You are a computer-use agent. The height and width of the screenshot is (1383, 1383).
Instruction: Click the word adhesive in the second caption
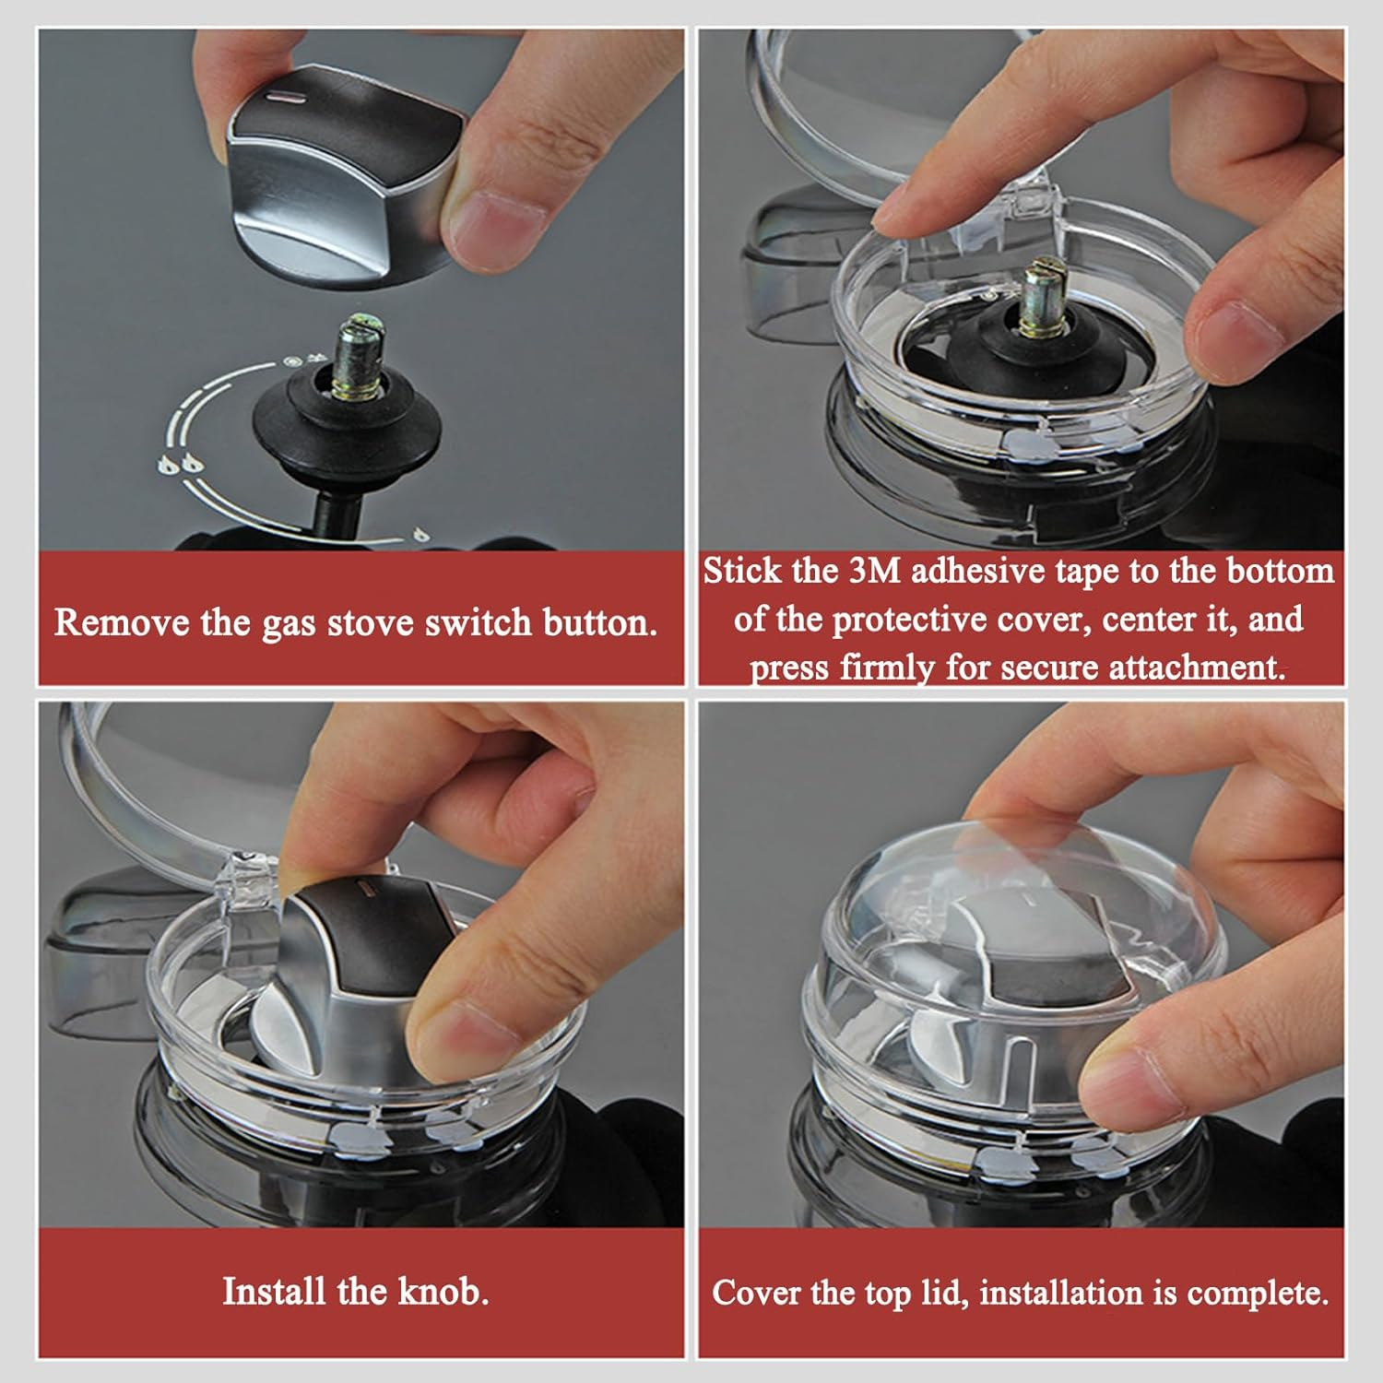[977, 571]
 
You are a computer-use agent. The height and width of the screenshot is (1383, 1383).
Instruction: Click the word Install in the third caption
[274, 1291]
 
